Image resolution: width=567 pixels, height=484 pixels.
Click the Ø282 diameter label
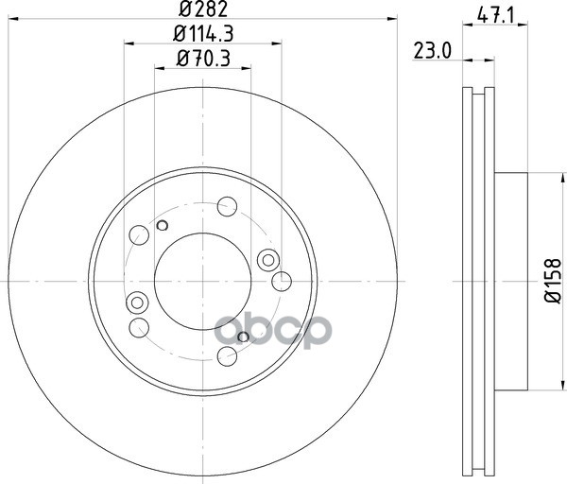pos(203,9)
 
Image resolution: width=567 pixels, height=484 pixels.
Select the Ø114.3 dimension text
pos(203,34)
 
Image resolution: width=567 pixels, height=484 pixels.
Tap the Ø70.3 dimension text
pos(203,59)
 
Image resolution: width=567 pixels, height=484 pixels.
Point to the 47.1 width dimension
pos(495,16)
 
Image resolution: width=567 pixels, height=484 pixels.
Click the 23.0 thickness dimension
pos(433,51)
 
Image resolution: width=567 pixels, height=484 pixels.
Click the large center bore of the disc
pos(202,281)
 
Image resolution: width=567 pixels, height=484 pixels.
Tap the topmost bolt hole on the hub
pos(227,206)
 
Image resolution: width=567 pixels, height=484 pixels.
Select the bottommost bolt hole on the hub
pos(227,356)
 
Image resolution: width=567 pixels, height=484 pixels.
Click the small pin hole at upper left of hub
pos(163,225)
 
